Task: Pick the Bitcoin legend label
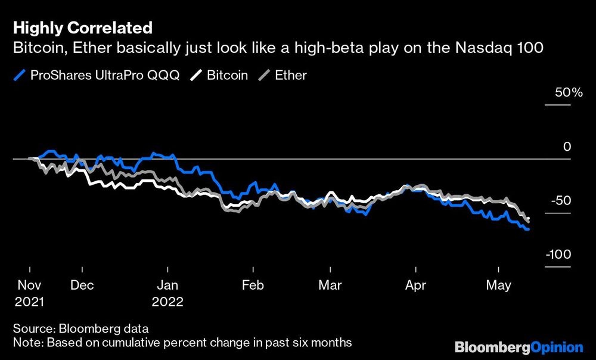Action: (x=227, y=76)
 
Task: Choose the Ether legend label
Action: (x=290, y=76)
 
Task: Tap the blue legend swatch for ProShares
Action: (x=20, y=76)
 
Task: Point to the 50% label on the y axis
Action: (x=558, y=94)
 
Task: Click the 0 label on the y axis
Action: (x=567, y=147)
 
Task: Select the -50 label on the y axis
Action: (x=560, y=201)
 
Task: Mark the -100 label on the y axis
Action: (x=557, y=255)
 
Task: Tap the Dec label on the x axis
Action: (x=82, y=285)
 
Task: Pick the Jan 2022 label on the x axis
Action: (x=167, y=293)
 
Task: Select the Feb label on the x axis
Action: (x=253, y=285)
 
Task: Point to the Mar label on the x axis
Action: (x=330, y=285)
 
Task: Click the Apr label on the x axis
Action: (x=415, y=285)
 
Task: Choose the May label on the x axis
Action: (x=499, y=285)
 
